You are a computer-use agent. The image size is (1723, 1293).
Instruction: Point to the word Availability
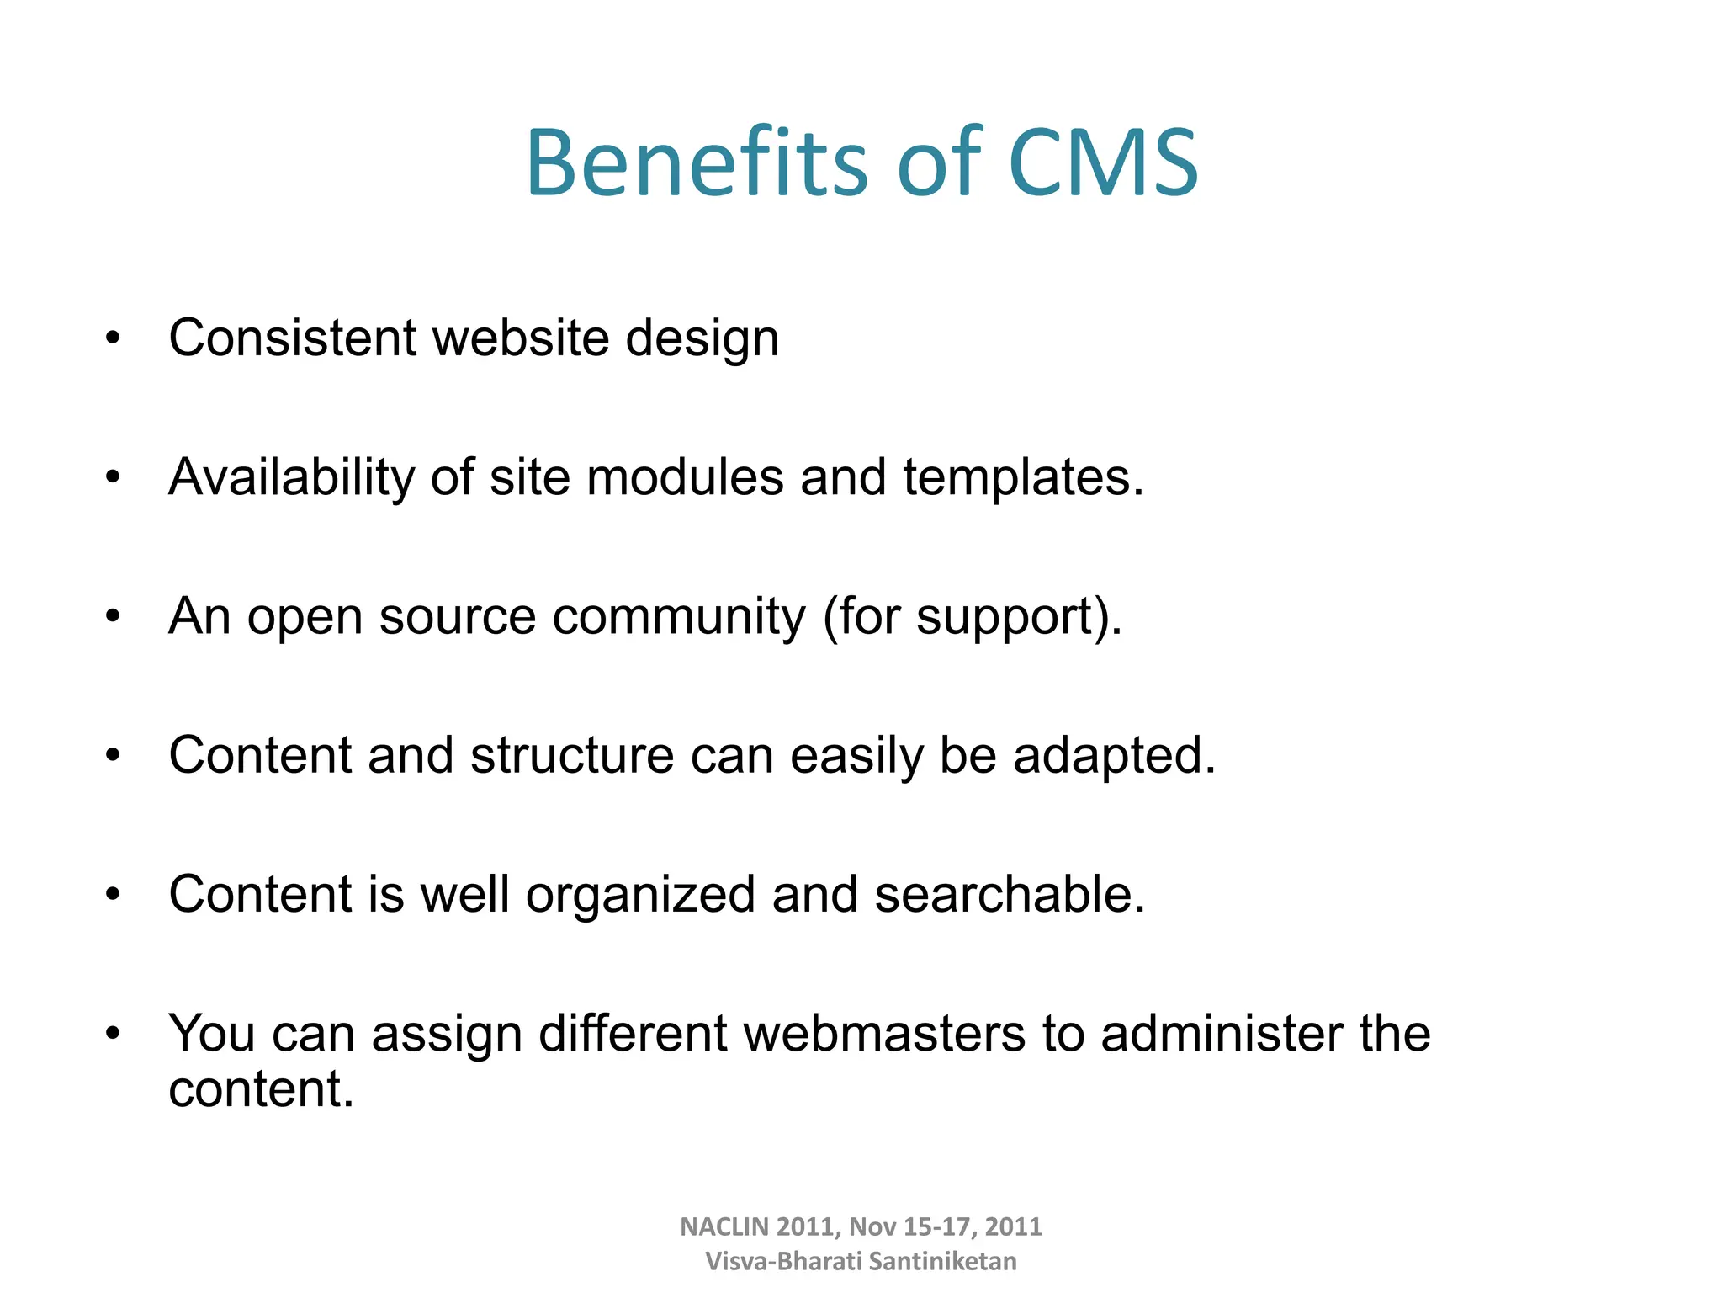point(292,477)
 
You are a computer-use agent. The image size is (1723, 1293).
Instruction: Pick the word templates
point(1023,477)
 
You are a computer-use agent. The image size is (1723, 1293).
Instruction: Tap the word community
point(679,617)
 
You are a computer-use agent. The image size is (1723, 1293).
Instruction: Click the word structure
point(572,755)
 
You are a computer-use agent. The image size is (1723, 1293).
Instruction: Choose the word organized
point(640,895)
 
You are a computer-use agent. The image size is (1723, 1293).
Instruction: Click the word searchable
point(1010,894)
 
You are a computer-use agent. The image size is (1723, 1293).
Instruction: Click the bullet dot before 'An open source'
point(114,617)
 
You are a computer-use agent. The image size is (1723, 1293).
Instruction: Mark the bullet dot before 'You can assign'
point(114,1033)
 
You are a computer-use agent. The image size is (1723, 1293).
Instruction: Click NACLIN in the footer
point(724,1227)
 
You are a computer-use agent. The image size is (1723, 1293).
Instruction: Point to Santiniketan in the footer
point(942,1261)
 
